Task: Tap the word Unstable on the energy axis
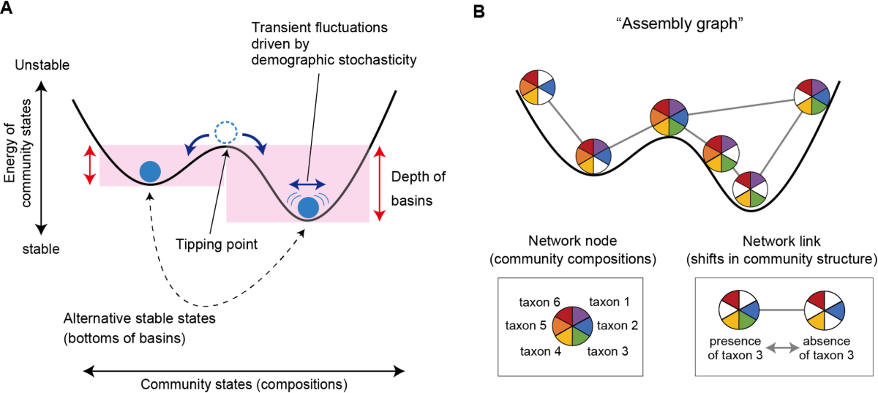click(42, 65)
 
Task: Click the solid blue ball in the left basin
click(150, 171)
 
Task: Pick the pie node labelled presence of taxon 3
click(738, 310)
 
